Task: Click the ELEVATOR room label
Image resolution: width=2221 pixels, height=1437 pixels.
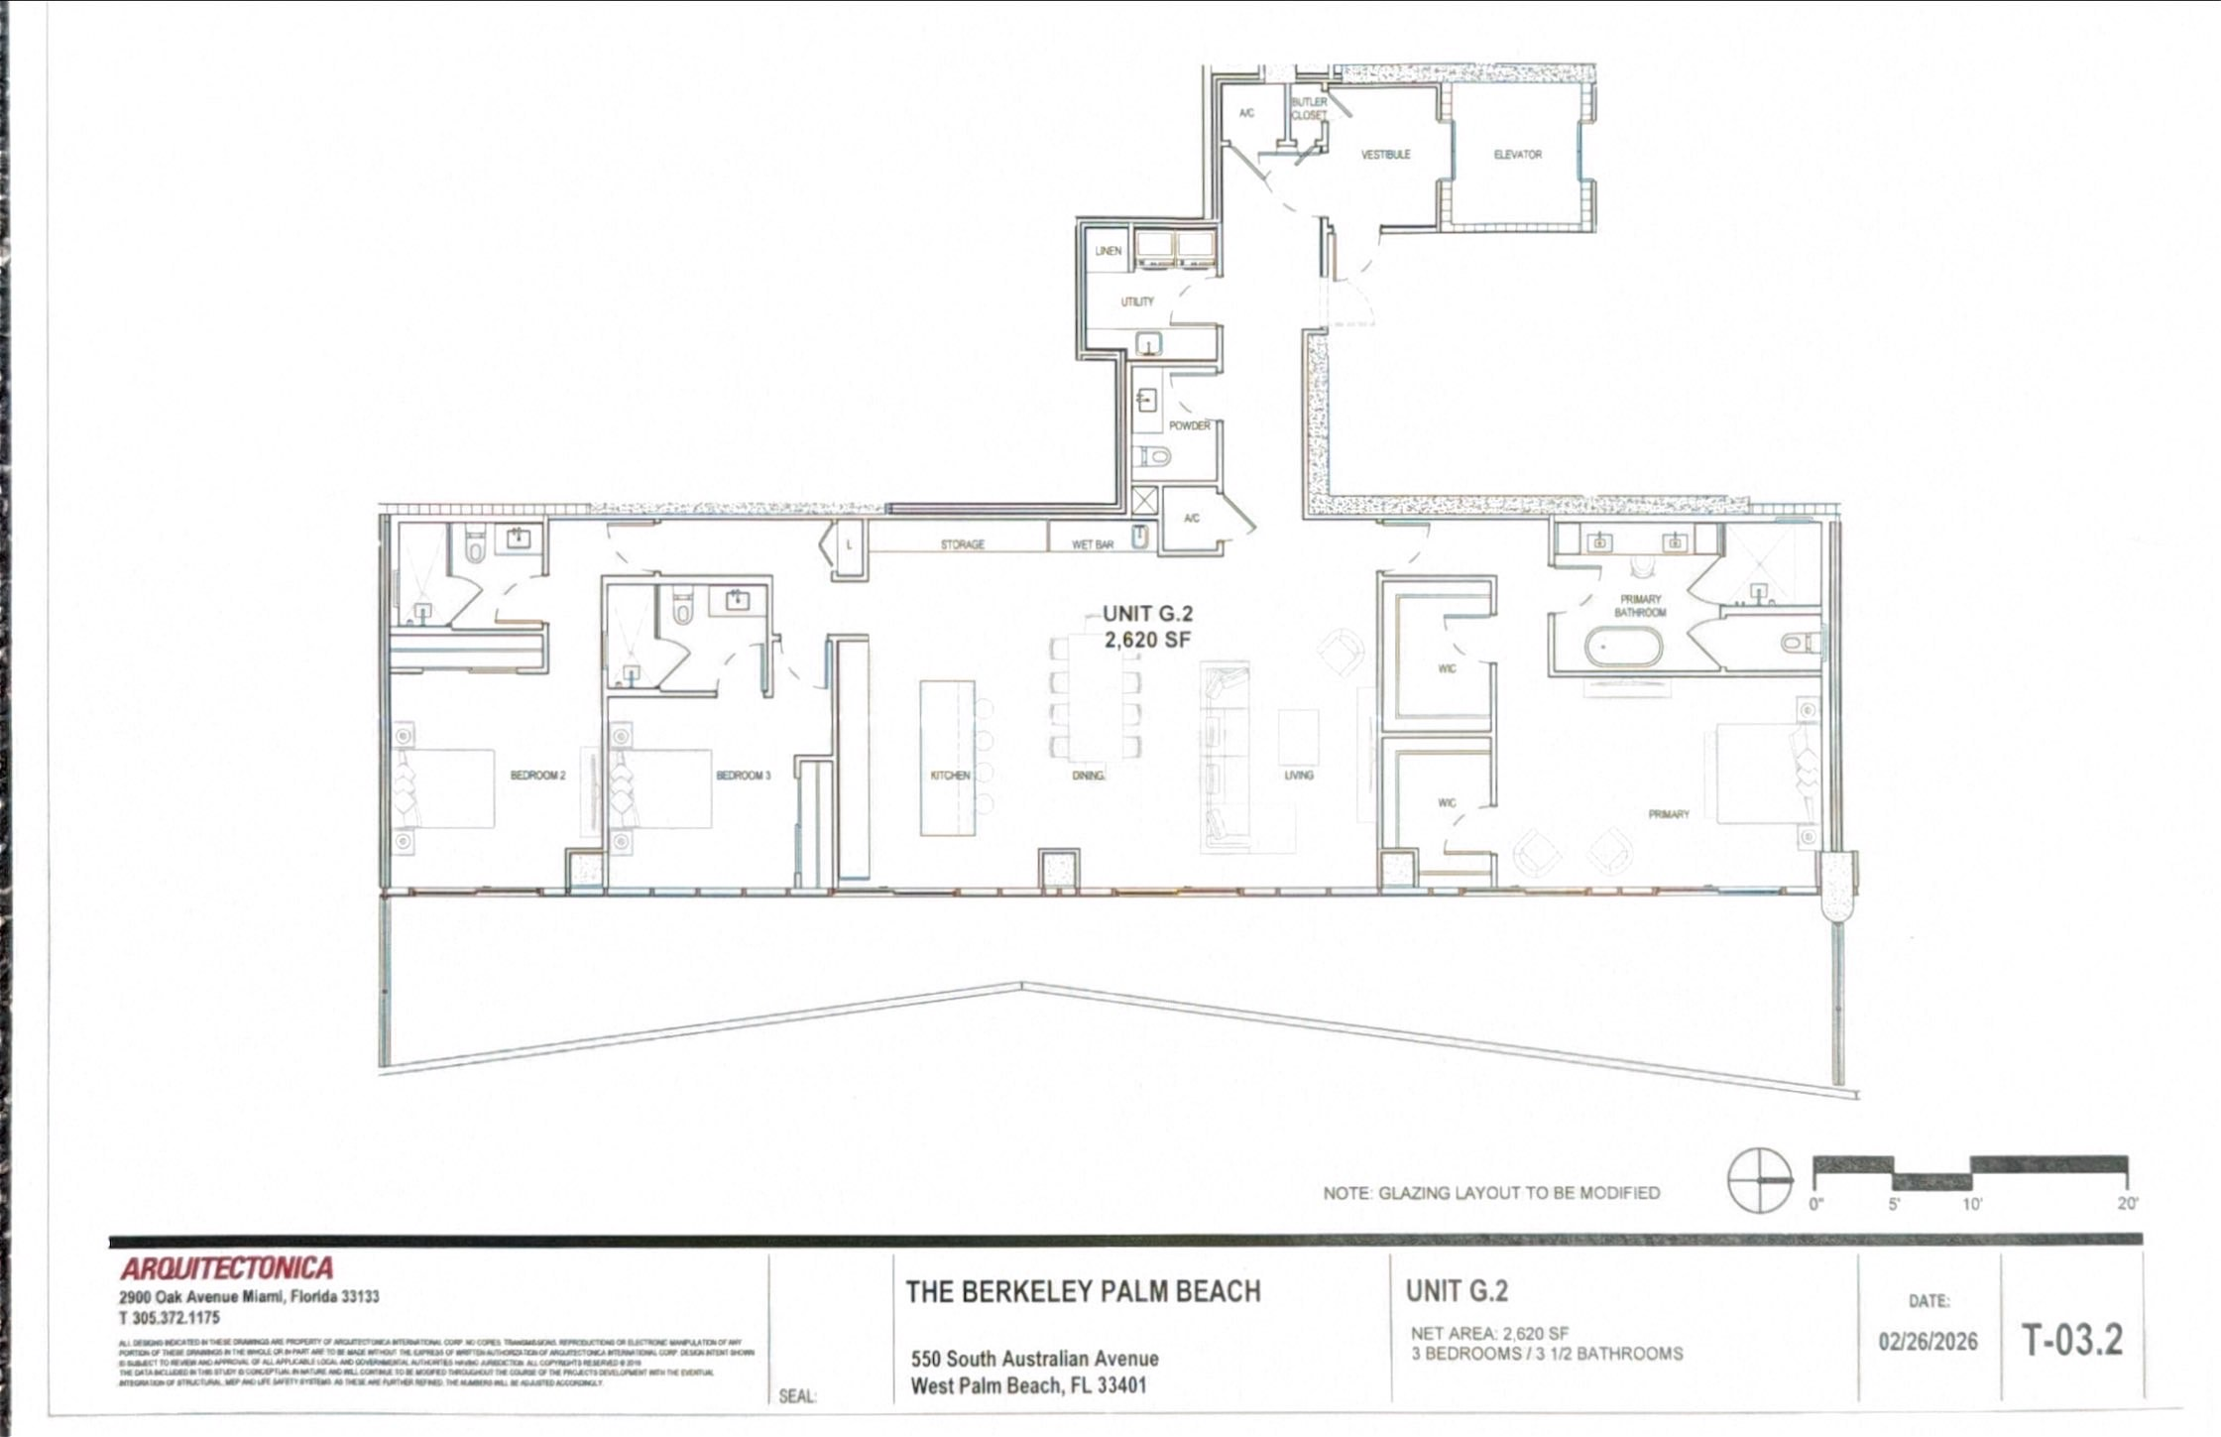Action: click(1517, 155)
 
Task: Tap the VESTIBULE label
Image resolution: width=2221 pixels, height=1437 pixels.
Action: click(1385, 155)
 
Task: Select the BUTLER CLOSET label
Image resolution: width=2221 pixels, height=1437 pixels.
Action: click(1309, 109)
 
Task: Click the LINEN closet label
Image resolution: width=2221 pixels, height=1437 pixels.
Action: click(1109, 251)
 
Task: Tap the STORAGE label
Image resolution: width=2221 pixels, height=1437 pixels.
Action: click(962, 544)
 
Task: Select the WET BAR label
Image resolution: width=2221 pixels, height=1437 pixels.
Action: click(1093, 544)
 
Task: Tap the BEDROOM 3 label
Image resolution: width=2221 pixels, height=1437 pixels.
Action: click(744, 776)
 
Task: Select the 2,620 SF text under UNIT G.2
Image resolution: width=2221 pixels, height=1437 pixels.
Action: click(1147, 641)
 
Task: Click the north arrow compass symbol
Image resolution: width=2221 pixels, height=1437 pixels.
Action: click(1760, 1180)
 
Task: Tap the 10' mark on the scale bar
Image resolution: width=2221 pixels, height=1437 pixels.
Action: click(1971, 1204)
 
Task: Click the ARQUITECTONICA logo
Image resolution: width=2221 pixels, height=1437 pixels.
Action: click(227, 1268)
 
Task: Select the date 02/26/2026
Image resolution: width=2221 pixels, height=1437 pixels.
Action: click(1928, 1342)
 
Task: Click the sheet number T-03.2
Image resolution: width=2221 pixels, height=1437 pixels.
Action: click(2072, 1340)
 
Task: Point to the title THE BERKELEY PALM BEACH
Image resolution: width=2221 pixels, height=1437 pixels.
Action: click(1083, 1291)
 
